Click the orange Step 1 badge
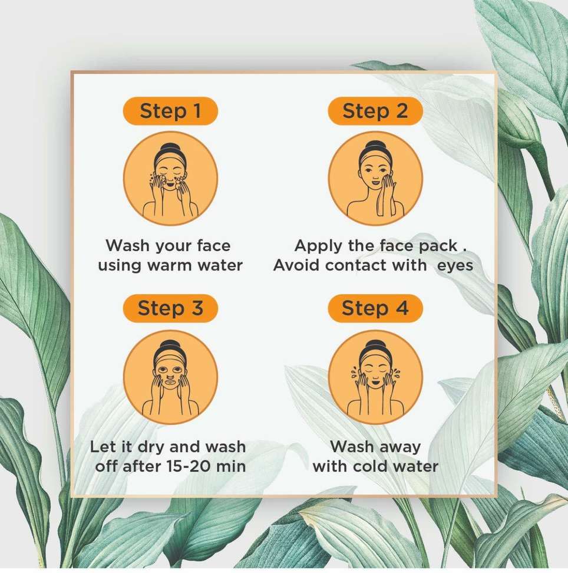(x=171, y=111)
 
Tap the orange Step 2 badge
(x=375, y=111)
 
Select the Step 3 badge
(x=171, y=308)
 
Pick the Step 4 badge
(x=375, y=308)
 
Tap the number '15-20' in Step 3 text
(x=189, y=466)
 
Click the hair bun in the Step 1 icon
(x=170, y=147)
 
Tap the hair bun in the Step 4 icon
(x=375, y=345)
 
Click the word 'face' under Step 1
(x=213, y=246)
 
